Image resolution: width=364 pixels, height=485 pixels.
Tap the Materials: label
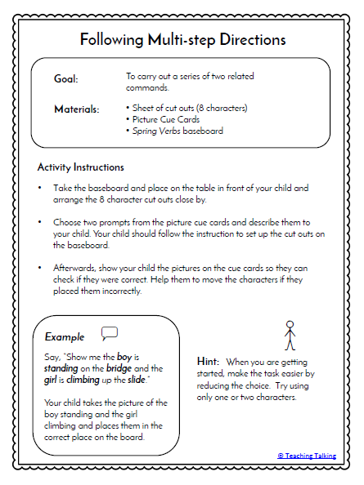click(x=77, y=109)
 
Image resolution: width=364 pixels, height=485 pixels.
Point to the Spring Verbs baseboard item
click(x=175, y=130)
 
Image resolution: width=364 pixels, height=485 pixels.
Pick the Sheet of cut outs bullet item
click(x=187, y=108)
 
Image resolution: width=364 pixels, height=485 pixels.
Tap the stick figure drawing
click(x=289, y=336)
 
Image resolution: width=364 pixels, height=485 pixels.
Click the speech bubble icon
click(x=110, y=333)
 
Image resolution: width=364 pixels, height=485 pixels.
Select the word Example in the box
click(x=65, y=336)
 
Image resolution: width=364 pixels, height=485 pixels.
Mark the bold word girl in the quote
click(x=52, y=380)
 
